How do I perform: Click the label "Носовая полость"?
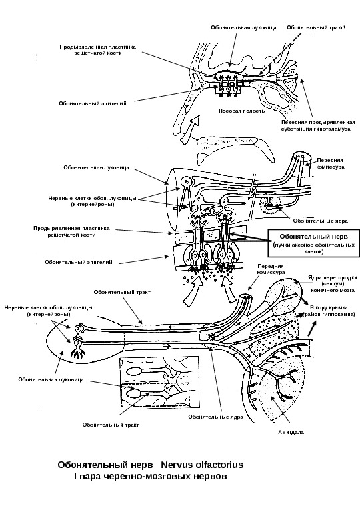click(x=241, y=111)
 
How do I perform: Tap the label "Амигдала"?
click(x=291, y=432)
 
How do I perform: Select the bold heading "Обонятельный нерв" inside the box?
click(x=313, y=237)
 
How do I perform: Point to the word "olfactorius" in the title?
click(x=221, y=465)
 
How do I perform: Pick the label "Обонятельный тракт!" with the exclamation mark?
click(x=316, y=27)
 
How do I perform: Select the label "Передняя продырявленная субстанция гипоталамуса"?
click(x=318, y=126)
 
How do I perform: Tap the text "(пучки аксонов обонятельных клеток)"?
click(x=313, y=249)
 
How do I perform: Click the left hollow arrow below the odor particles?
click(x=193, y=289)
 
